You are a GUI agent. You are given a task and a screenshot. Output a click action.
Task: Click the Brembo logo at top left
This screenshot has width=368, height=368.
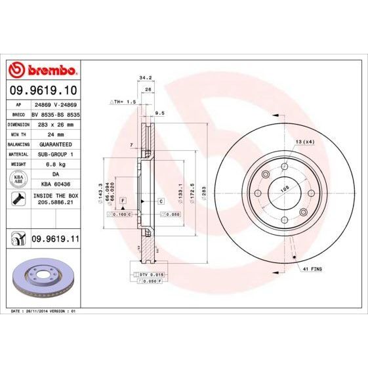pos(43,69)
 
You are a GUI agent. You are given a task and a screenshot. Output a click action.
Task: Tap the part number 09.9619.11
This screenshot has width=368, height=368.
pos(56,240)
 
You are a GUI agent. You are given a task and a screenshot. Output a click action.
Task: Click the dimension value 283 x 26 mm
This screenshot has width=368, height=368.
pos(55,123)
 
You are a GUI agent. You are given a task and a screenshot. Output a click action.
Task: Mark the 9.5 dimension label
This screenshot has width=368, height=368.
pos(159,113)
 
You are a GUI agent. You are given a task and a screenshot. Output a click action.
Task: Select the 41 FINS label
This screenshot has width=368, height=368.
pos(312,270)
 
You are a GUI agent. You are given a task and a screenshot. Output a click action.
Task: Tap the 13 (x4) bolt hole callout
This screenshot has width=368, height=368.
pos(304,142)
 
